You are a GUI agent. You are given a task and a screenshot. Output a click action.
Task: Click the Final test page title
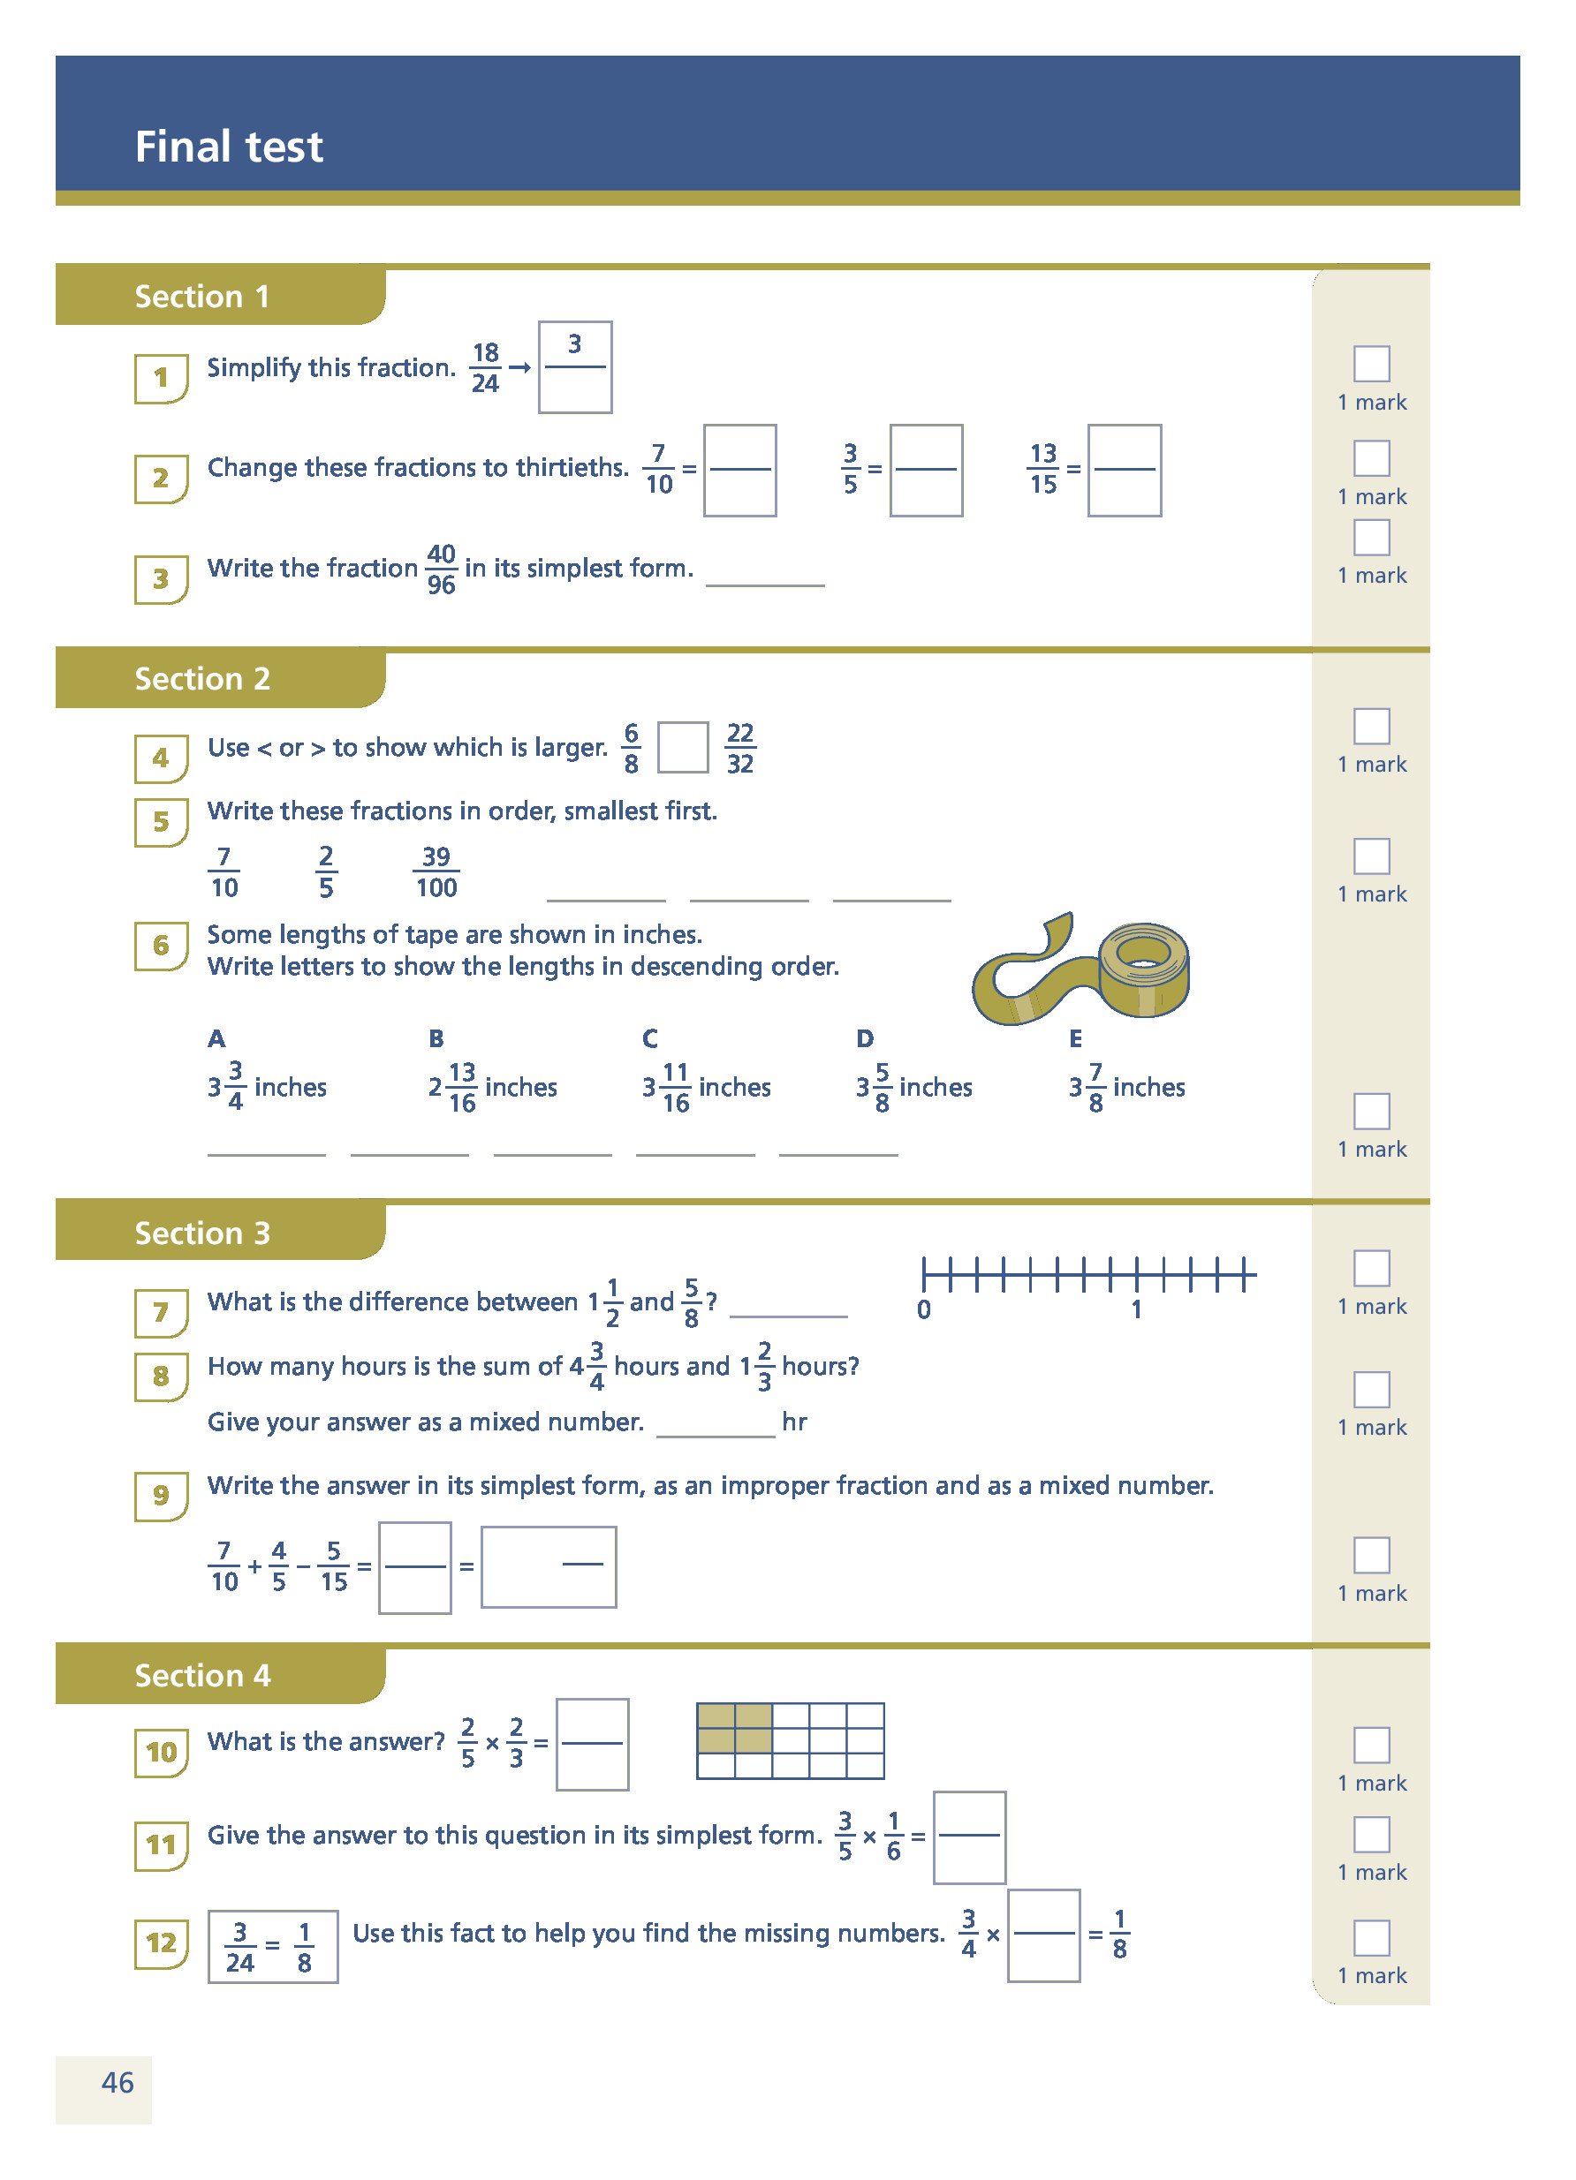tap(228, 147)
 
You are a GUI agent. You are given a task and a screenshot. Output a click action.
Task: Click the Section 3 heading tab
tap(202, 1233)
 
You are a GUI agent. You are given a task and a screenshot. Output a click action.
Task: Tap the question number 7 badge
tap(161, 1312)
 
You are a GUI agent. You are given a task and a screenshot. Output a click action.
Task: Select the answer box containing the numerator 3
tap(575, 367)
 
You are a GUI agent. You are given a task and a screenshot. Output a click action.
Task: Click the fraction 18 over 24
tap(486, 368)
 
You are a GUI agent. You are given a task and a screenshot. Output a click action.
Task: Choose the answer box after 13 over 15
tap(1124, 470)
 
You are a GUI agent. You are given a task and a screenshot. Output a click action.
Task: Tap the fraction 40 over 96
tap(442, 569)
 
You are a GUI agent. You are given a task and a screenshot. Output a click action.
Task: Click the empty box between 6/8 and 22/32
tap(683, 748)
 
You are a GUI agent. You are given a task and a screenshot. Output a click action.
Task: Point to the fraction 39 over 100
tap(436, 871)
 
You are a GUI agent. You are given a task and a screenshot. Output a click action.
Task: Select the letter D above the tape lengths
tap(865, 1038)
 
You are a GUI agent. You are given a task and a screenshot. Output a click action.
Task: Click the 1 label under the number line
tap(1135, 1309)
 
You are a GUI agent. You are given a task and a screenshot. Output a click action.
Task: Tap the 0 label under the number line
tap(923, 1309)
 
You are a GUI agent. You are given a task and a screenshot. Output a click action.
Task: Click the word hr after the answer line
tap(794, 1422)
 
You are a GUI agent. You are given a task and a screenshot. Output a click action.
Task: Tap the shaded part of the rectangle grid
tap(734, 1727)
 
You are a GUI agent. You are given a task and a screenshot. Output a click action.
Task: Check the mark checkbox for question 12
tap(1371, 1938)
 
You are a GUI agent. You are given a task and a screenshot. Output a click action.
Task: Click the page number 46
tap(117, 2083)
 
